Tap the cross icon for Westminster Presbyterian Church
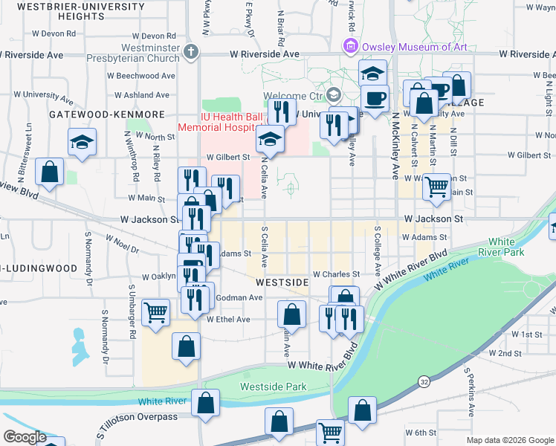[191, 52]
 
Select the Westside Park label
[274, 387]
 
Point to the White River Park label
[506, 248]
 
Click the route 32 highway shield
[424, 381]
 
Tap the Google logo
[25, 437]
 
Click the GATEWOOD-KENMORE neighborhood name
[106, 114]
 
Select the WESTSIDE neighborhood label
[282, 283]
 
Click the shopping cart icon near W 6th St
[330, 432]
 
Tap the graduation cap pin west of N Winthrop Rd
[83, 141]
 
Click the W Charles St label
[336, 274]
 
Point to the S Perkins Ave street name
[470, 391]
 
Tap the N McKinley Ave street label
[396, 149]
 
